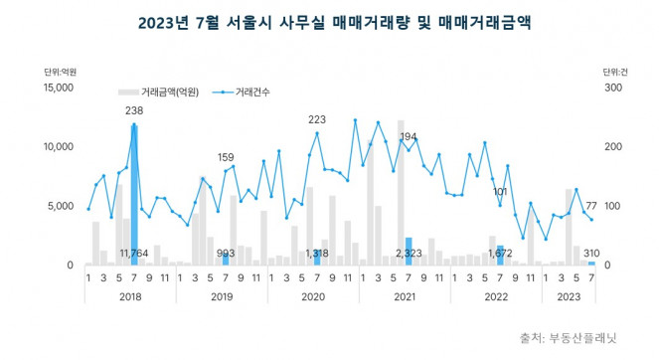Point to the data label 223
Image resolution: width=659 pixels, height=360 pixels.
click(317, 120)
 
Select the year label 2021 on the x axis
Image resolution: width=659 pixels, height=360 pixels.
click(405, 295)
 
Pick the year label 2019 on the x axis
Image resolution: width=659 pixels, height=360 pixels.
click(222, 295)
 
